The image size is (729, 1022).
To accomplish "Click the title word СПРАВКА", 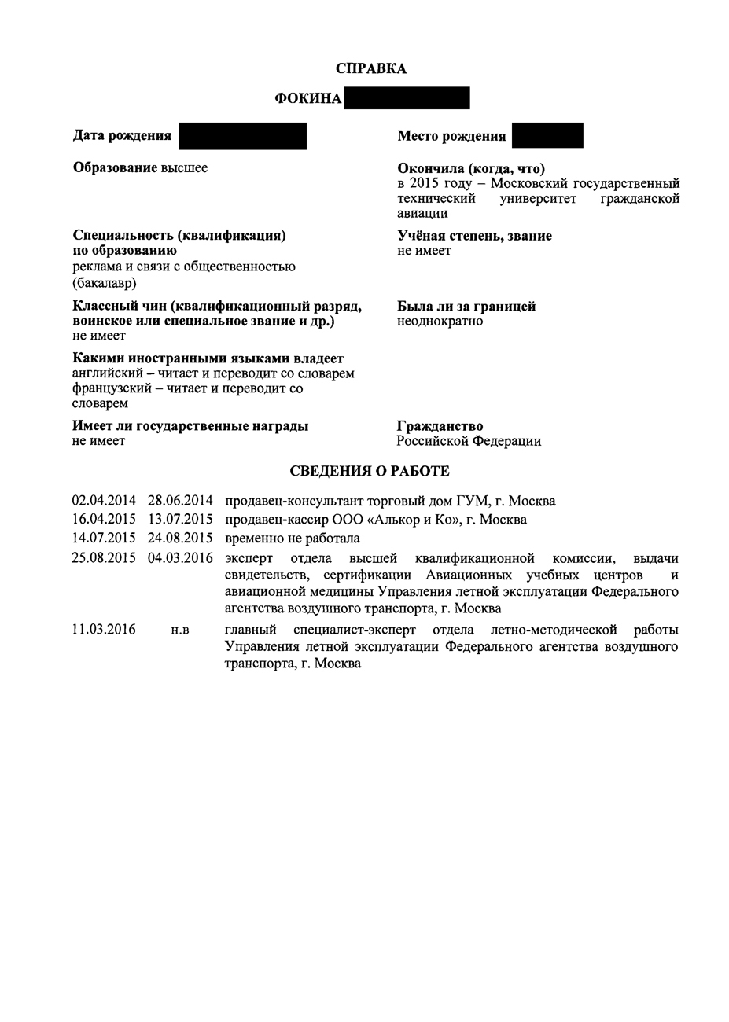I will pos(371,68).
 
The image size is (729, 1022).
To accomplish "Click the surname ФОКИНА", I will pos(308,98).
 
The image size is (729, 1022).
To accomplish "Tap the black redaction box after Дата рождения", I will pos(242,136).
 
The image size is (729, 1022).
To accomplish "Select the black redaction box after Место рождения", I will pos(547,135).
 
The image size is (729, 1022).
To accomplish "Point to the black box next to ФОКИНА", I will pos(407,98).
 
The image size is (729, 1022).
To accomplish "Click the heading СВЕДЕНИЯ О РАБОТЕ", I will pos(370,471).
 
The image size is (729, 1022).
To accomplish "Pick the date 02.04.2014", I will pos(104,501).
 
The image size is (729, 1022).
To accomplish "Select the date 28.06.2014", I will pos(180,501).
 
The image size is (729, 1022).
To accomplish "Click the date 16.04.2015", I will pos(104,520).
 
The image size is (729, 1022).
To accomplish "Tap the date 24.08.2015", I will pos(180,539).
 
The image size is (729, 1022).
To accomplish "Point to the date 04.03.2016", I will pos(180,558).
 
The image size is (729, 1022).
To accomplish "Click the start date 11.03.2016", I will pos(104,630).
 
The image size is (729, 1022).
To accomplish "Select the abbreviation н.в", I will pos(180,630).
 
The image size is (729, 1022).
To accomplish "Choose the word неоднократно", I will pos(440,321).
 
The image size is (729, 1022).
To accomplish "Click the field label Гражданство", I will pos(440,426).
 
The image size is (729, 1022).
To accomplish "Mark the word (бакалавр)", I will pos(105,282).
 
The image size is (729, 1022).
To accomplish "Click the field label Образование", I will pos(115,167).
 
